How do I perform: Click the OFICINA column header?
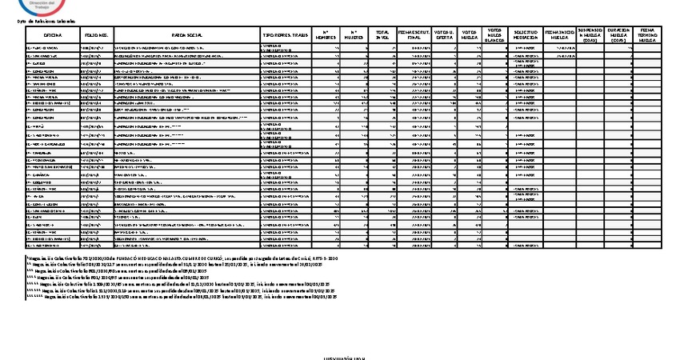point(53,36)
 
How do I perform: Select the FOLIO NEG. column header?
point(96,36)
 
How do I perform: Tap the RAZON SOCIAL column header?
point(186,36)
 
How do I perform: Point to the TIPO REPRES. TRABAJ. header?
point(285,36)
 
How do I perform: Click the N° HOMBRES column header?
point(325,36)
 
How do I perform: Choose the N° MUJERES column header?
point(354,36)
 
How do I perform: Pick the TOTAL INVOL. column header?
point(383,36)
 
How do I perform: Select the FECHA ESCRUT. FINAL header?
point(414,36)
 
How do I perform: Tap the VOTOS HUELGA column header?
point(470,36)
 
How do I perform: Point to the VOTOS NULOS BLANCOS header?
point(495,36)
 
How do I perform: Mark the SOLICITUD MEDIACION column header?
point(524,36)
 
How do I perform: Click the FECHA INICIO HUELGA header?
point(558,36)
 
